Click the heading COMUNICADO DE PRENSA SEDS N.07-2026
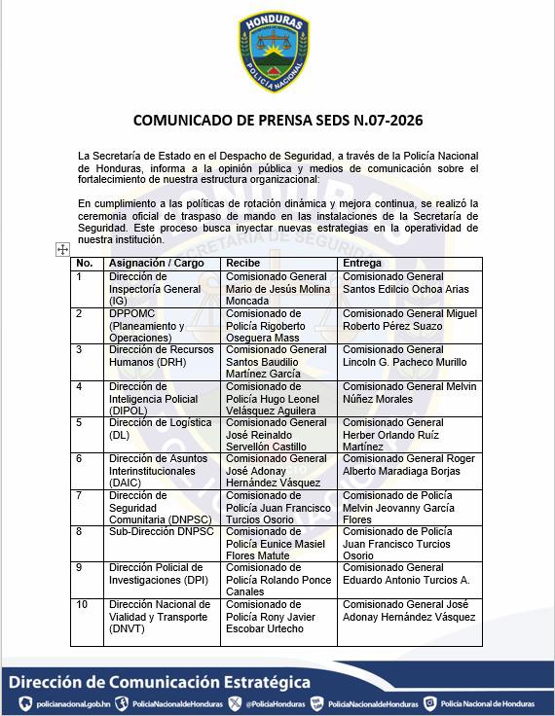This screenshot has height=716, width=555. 277,123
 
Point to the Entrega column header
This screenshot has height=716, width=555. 361,263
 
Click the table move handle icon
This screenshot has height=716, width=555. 63,250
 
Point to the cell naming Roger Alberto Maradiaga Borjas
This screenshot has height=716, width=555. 409,465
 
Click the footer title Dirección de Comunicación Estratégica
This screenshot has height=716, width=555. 160,682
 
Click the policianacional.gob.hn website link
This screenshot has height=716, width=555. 59,703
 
